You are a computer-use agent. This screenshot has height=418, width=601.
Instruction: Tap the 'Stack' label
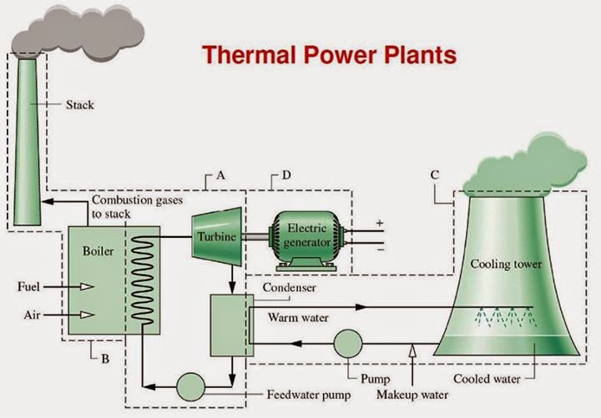[x=81, y=105]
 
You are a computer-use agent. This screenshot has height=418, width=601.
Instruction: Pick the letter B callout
[x=105, y=360]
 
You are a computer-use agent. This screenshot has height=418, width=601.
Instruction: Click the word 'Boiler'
[x=98, y=249]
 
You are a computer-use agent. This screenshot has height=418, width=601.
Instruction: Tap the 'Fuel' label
[x=28, y=287]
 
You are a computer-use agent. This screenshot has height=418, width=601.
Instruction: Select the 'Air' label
[x=32, y=315]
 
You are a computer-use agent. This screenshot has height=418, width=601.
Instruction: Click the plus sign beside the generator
[x=380, y=223]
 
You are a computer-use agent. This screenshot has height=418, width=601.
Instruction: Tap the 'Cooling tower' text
[x=506, y=264]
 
